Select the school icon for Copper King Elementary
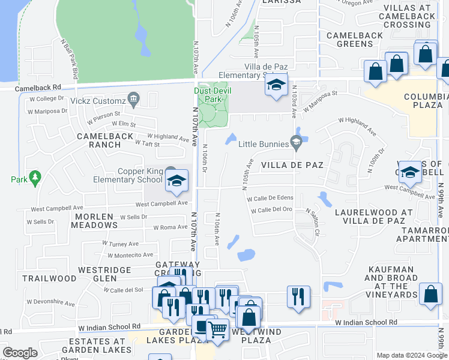[x=176, y=181]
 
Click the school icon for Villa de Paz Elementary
[x=276, y=85]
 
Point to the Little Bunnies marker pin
[x=295, y=143]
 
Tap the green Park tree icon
[x=35, y=178]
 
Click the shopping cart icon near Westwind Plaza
[x=217, y=328]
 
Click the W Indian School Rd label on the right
[x=366, y=323]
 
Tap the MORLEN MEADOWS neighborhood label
[x=94, y=221]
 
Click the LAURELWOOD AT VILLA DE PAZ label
[x=373, y=217]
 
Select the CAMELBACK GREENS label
[x=358, y=40]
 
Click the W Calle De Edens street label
[x=270, y=198]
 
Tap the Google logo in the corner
[x=20, y=353]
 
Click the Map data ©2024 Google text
[x=411, y=355]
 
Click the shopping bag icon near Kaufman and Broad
[x=431, y=295]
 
